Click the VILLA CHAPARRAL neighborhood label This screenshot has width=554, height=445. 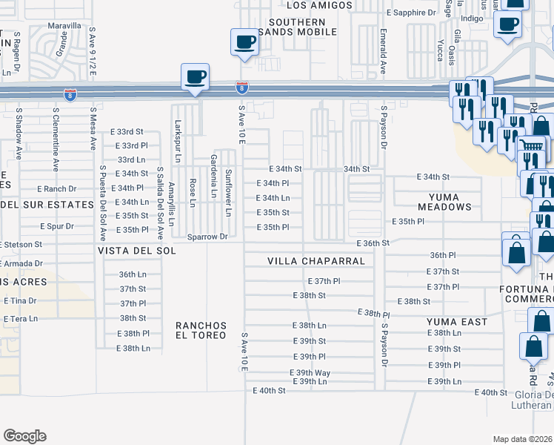coord(316,261)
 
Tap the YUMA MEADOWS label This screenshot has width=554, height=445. coord(434,201)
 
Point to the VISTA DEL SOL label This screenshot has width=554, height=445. coord(137,251)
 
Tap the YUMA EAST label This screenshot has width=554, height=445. coord(457,322)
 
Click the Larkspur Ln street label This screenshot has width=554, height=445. coord(178,142)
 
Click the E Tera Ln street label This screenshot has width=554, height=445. coord(21,319)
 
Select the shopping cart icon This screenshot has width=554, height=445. coord(530,145)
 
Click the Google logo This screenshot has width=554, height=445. coord(25,436)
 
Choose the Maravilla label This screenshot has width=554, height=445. coord(64,25)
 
